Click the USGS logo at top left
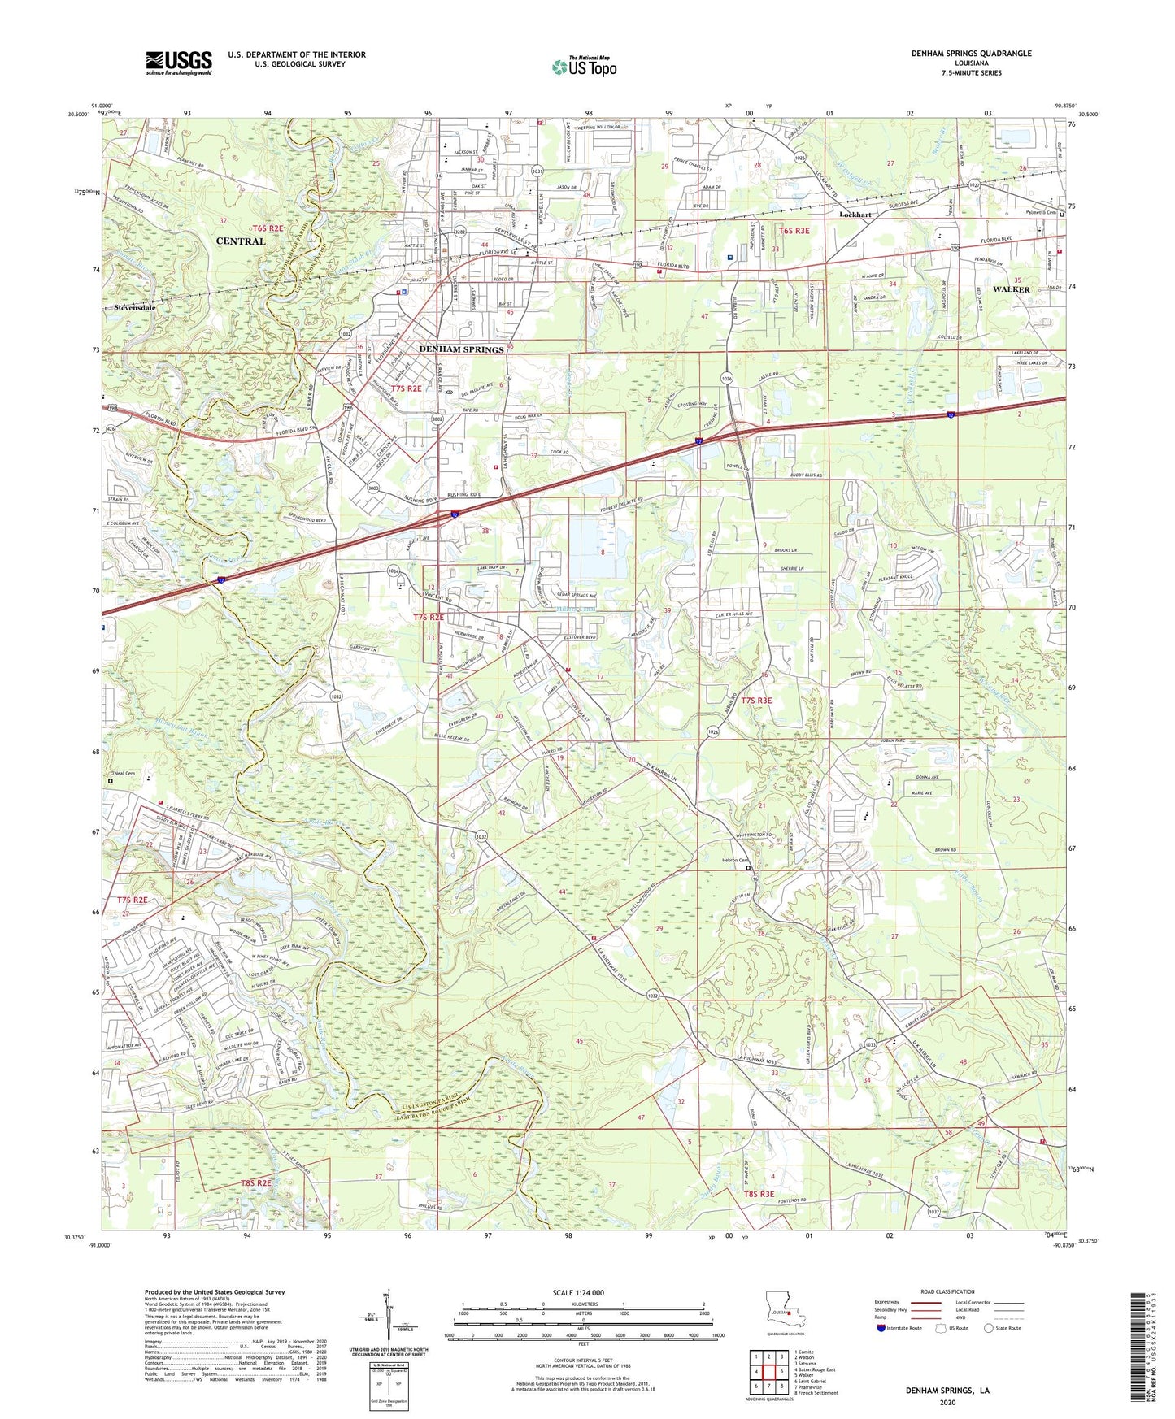click(179, 62)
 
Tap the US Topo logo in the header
click(584, 67)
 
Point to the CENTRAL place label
click(241, 241)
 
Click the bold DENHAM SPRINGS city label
click(461, 349)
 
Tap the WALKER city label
click(1011, 289)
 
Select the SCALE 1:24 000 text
click(582, 1293)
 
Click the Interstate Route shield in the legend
click(881, 1328)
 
